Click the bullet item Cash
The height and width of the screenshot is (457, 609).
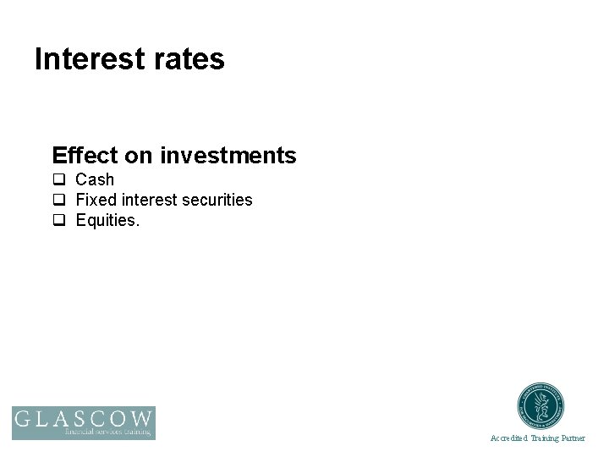(95, 179)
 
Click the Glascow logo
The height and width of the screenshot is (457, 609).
(83, 421)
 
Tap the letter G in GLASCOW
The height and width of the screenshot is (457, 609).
(24, 419)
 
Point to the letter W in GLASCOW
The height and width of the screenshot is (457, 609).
(141, 419)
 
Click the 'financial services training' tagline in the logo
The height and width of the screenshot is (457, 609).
(108, 432)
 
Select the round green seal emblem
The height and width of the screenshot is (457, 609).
(540, 405)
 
